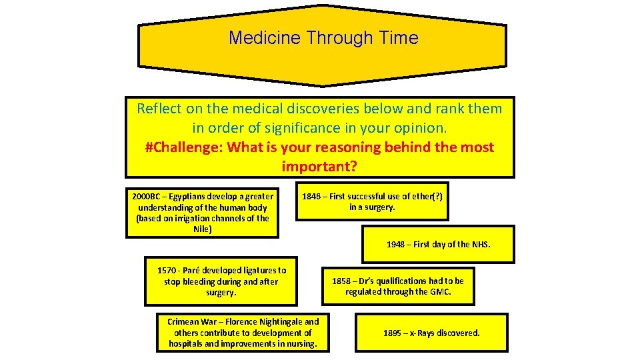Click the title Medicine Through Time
click(323, 38)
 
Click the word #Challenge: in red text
click(183, 147)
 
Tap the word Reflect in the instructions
click(157, 108)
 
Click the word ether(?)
click(421, 197)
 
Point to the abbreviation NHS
click(481, 245)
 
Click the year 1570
click(167, 271)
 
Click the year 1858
click(341, 281)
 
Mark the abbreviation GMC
click(441, 292)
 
